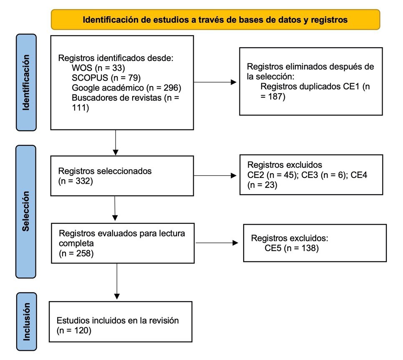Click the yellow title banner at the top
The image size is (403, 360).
click(215, 20)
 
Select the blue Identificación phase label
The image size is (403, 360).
click(26, 82)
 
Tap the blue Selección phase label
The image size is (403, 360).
click(26, 211)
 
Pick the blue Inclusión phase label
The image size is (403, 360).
click(26, 322)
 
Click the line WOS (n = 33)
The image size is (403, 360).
click(98, 67)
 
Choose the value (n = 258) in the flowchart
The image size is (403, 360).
click(76, 253)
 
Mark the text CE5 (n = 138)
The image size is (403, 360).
click(292, 249)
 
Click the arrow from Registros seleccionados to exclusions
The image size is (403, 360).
click(216, 175)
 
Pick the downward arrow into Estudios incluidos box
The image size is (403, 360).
click(117, 282)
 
